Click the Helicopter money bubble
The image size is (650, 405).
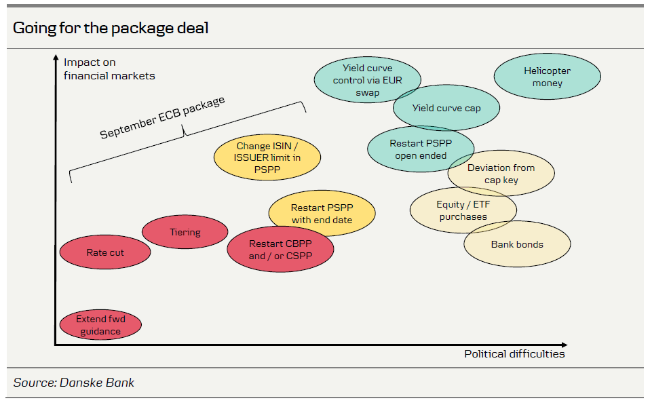pos(547,77)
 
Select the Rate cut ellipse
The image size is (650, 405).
pos(105,253)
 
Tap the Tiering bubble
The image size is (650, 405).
pos(185,232)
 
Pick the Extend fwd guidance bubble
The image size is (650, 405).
pos(100,326)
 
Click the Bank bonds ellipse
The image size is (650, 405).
pos(517,245)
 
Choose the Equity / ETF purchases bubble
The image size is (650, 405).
pos(463,210)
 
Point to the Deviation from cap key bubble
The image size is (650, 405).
pos(501,174)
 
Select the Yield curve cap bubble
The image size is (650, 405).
pos(446,108)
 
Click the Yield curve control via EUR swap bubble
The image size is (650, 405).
pos(367,80)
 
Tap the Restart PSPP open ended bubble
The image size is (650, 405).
pos(420,150)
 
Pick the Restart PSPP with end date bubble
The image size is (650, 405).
pos(322,214)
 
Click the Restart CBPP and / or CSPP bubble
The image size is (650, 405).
pos(280,250)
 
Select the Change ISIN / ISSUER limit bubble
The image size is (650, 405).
pos(267,159)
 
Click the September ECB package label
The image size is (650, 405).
pos(162,118)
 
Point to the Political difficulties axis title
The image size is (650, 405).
pos(514,353)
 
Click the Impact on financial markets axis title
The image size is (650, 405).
pos(109,69)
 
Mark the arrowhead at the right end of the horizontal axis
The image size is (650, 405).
pos(572,345)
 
